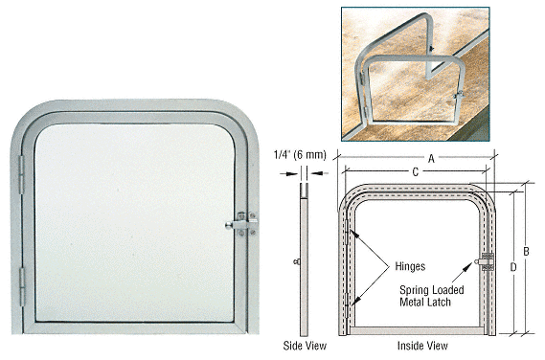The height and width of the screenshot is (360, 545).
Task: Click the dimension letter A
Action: [x=431, y=159]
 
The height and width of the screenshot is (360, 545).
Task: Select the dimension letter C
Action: [x=415, y=172]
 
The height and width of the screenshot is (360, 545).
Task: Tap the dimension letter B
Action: [x=526, y=251]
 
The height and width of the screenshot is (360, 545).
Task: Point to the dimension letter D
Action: [x=513, y=267]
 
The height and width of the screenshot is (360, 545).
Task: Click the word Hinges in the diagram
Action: [x=410, y=266]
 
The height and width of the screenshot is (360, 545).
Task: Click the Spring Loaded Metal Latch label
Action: [x=432, y=296]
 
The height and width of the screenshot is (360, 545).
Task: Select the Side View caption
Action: [x=305, y=346]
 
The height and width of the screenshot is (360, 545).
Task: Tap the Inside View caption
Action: [x=422, y=346]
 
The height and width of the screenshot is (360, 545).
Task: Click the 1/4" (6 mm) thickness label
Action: [x=301, y=155]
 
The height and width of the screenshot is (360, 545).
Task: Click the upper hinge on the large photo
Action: [x=21, y=174]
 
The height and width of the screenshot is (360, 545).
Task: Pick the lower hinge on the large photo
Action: [x=22, y=287]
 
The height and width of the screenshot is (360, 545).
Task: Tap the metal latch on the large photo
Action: [x=242, y=224]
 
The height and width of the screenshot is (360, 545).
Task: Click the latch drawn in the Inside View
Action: [x=486, y=261]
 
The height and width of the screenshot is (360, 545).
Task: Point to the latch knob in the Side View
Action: [x=297, y=261]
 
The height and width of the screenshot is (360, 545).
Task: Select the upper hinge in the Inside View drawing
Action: [x=348, y=232]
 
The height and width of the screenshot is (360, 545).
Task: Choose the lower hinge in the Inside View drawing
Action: [x=348, y=305]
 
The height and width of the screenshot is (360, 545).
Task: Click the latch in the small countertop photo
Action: [x=459, y=95]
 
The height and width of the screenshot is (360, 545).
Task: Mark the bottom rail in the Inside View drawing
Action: [x=416, y=331]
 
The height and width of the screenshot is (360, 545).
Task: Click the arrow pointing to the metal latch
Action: [x=463, y=272]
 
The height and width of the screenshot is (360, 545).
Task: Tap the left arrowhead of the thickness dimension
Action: [x=289, y=173]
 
